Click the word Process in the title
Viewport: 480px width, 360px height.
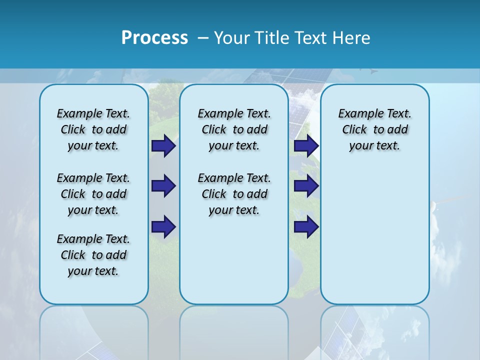click(154, 37)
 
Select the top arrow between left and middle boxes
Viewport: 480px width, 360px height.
click(163, 146)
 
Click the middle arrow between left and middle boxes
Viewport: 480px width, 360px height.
click(163, 186)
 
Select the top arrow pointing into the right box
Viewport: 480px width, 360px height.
click(306, 146)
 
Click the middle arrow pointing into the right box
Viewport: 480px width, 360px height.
click(306, 186)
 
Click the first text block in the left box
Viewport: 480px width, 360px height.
click(93, 129)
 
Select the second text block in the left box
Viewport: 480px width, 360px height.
click(93, 194)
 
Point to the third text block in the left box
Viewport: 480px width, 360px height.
click(93, 255)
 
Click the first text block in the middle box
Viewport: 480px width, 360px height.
click(234, 129)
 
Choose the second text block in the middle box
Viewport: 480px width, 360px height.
click(234, 194)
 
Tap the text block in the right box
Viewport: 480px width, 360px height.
click(374, 129)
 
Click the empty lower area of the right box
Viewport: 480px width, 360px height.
click(374, 240)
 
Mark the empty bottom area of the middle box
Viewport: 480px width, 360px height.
click(234, 265)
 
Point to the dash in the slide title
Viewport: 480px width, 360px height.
click(203, 38)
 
